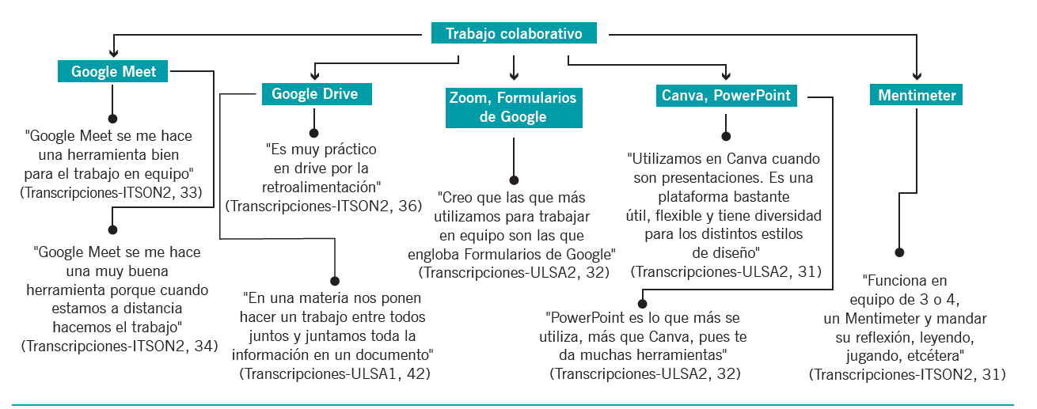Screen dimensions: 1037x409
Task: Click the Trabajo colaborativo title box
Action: [x=514, y=33]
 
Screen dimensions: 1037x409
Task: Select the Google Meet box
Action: [x=112, y=71]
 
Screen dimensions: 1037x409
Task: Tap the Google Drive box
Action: [x=317, y=94]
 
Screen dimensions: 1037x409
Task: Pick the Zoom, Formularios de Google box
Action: [x=514, y=108]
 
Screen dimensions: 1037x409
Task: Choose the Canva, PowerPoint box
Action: [x=727, y=95]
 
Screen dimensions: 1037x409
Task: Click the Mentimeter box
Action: [x=916, y=95]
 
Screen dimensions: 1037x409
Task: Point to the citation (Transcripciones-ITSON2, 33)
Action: [x=111, y=192]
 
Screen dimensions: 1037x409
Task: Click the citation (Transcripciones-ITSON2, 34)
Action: [x=120, y=346]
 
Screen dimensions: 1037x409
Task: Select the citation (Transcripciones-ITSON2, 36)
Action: [x=324, y=206]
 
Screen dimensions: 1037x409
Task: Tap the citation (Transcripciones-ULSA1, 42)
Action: [x=335, y=374]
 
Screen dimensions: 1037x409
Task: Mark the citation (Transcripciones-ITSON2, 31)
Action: [x=907, y=374]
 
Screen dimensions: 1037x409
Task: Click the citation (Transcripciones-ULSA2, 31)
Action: [x=726, y=271]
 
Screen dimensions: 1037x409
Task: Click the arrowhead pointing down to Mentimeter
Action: [x=917, y=76]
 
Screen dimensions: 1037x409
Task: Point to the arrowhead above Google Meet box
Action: [x=113, y=52]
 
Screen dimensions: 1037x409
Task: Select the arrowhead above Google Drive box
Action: [x=315, y=75]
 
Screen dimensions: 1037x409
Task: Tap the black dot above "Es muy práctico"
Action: [x=314, y=133]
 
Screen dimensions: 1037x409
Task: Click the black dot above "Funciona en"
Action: [x=899, y=252]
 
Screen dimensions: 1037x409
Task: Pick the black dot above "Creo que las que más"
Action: [x=514, y=180]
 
